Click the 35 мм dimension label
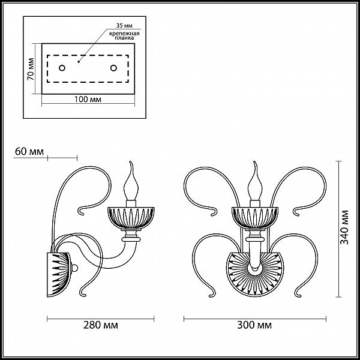[124, 25]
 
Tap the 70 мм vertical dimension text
[31, 69]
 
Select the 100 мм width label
[88, 99]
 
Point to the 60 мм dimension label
[29, 152]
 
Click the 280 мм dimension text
[101, 325]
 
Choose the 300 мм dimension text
[254, 325]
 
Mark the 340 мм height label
[344, 227]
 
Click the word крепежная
[124, 34]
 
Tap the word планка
[124, 38]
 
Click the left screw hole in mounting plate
[62, 68]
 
